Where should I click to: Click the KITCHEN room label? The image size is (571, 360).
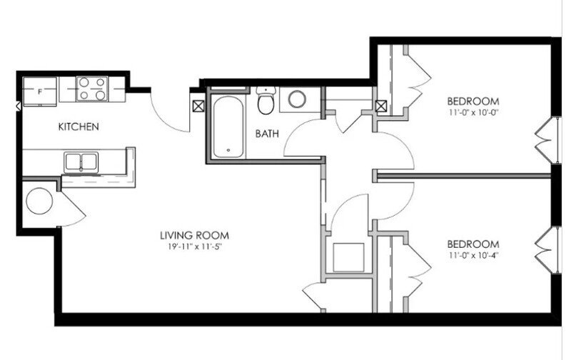coord(78,127)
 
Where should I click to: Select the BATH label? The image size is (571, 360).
coord(267,133)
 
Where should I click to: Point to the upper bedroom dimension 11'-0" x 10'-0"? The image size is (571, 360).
coord(473,113)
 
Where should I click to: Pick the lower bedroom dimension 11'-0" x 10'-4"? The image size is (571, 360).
coord(473,255)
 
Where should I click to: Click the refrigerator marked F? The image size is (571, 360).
coord(40,91)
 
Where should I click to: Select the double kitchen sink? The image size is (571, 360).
coord(83,161)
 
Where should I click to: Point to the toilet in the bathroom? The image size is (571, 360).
coord(266,102)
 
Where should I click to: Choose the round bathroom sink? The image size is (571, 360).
coord(296,99)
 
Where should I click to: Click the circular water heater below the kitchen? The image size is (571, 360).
coord(39,201)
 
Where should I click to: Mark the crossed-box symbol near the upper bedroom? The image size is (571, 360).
coord(382,107)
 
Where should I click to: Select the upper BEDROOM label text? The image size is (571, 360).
coord(473,101)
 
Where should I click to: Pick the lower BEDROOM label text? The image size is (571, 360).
coord(473,243)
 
